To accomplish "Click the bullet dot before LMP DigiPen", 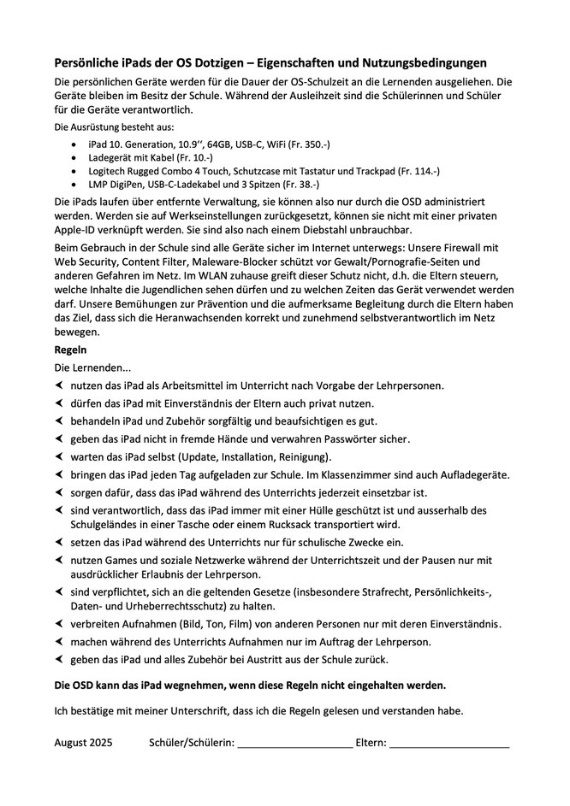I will coord(76,184).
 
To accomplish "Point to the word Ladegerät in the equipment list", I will coord(112,157).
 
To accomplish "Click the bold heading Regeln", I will coord(71,350).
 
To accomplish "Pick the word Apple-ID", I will coord(80,230).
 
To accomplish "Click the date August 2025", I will coord(83,743).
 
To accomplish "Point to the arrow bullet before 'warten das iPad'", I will coord(59,456).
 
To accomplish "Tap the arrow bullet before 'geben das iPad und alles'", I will coord(59,659).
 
